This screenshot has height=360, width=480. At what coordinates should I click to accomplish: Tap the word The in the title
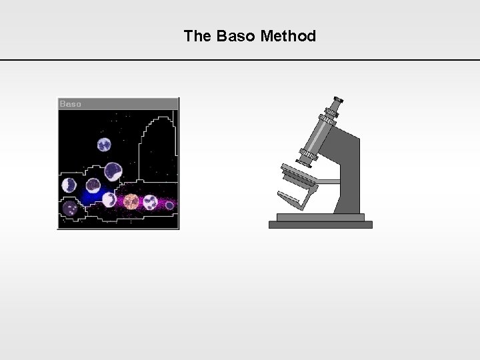point(197,36)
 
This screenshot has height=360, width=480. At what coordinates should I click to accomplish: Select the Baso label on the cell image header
point(71,104)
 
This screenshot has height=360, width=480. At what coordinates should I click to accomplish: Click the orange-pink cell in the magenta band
point(131,201)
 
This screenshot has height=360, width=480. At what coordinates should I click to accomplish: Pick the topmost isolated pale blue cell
point(104,144)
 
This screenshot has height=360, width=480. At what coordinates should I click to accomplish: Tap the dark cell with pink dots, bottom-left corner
point(70,209)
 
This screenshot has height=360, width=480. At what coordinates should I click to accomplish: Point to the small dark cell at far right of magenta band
point(169,205)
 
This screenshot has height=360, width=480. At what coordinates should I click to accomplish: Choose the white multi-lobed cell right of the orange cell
point(150,201)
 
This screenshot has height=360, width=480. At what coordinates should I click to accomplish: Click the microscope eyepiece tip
point(337,99)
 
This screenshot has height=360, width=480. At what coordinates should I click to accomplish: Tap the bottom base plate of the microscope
point(320,225)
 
